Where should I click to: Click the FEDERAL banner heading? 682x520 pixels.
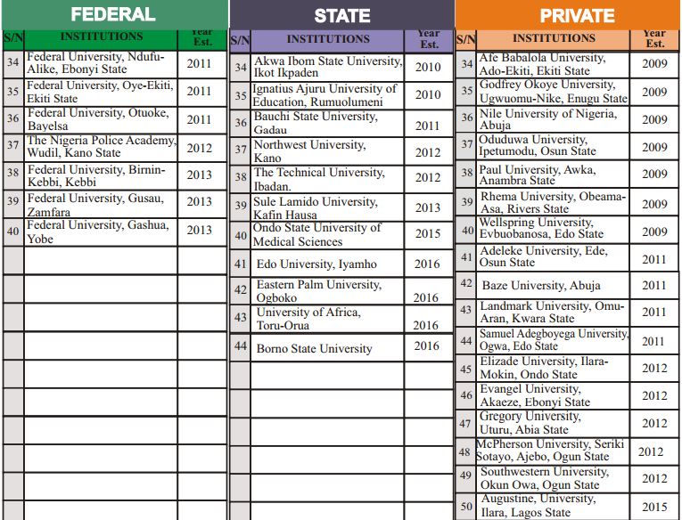point(113,14)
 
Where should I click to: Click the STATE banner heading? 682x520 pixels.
point(342,16)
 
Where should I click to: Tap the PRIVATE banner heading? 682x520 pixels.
point(577,16)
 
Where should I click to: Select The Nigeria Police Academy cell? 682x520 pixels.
point(101,147)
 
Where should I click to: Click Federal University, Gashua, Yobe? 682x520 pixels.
point(98,232)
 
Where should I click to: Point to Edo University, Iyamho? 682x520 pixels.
point(316,264)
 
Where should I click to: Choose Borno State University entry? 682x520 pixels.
point(314,348)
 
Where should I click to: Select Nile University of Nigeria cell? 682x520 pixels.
point(547,119)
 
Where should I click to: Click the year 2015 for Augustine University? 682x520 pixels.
point(653,507)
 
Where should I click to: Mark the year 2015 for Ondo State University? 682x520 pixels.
point(427,234)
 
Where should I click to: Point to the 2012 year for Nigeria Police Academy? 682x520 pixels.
point(200,149)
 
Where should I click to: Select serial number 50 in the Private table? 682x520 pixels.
point(466,507)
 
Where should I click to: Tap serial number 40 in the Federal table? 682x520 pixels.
point(12,232)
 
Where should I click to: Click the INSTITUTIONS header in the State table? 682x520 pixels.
point(328,39)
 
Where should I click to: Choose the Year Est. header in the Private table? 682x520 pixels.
point(654,38)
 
